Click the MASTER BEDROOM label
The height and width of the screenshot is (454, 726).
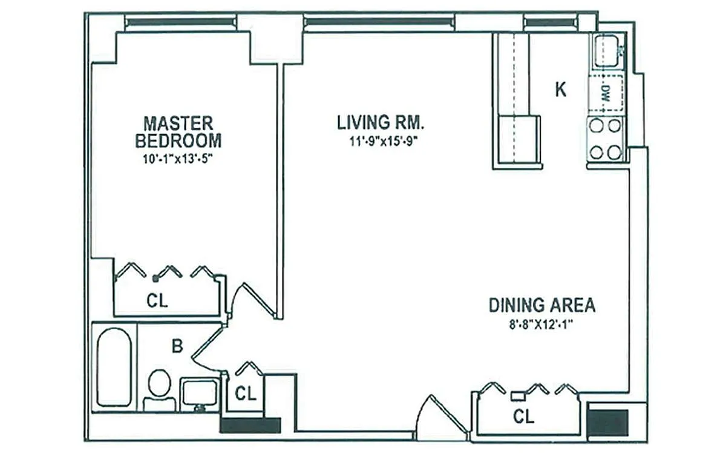(x=178, y=132)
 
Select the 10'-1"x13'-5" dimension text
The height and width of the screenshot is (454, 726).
(x=178, y=159)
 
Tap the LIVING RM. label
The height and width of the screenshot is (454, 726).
(x=381, y=122)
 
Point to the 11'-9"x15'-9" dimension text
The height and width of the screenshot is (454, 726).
(x=383, y=142)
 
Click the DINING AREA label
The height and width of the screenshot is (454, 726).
(x=542, y=305)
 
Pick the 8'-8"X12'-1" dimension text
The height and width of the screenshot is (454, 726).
(x=541, y=324)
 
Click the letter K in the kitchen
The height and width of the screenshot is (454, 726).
(x=561, y=90)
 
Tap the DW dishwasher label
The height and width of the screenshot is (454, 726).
(x=606, y=93)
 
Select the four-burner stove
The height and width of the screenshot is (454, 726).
(x=606, y=139)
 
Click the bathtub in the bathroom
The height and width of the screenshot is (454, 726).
(x=114, y=367)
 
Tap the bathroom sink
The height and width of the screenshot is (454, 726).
(x=199, y=394)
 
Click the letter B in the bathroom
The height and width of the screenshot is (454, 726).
(x=177, y=346)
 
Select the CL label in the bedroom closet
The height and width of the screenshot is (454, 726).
(x=157, y=301)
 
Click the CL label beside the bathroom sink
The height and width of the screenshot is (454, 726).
(x=246, y=393)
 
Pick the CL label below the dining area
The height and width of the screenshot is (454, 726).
(x=524, y=416)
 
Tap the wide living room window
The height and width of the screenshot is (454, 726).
(x=379, y=22)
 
